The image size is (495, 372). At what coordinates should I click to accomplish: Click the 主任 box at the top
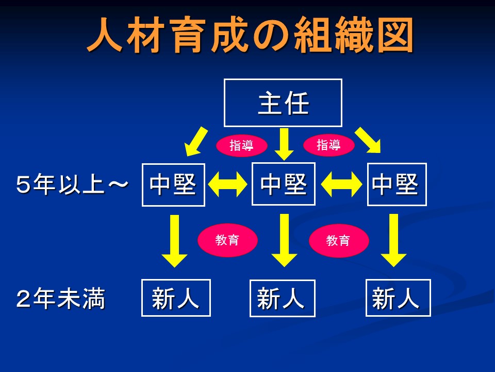pyautogui.click(x=283, y=103)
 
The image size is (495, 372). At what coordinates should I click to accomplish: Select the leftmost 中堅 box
pyautogui.click(x=173, y=185)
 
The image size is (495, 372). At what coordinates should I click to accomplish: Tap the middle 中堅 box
pyautogui.click(x=284, y=184)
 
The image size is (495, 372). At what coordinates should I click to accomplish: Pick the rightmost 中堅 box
pyautogui.click(x=397, y=184)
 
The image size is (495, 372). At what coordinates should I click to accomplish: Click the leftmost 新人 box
pyautogui.click(x=176, y=298)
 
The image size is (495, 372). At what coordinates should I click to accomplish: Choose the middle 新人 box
pyautogui.click(x=282, y=298)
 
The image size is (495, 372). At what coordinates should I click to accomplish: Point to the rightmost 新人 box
pyautogui.click(x=398, y=298)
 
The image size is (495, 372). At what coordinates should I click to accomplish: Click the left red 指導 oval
pyautogui.click(x=241, y=146)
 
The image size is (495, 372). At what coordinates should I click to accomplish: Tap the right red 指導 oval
pyautogui.click(x=328, y=145)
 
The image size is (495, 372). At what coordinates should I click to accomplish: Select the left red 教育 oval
pyautogui.click(x=227, y=240)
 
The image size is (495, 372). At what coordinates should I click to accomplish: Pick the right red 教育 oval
pyautogui.click(x=338, y=240)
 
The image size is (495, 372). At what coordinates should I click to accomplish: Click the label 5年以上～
pyautogui.click(x=72, y=184)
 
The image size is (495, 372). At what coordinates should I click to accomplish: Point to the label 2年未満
pyautogui.click(x=60, y=298)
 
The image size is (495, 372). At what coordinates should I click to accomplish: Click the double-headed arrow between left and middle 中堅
pyautogui.click(x=228, y=185)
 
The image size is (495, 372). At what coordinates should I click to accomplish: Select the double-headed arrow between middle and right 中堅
pyautogui.click(x=341, y=184)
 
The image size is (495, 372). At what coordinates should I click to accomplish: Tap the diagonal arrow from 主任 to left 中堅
pyautogui.click(x=196, y=142)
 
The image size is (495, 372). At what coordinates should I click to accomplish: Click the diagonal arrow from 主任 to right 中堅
pyautogui.click(x=368, y=140)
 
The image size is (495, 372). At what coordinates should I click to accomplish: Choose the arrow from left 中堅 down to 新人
pyautogui.click(x=174, y=241)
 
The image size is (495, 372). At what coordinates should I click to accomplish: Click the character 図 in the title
pyautogui.click(x=396, y=35)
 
